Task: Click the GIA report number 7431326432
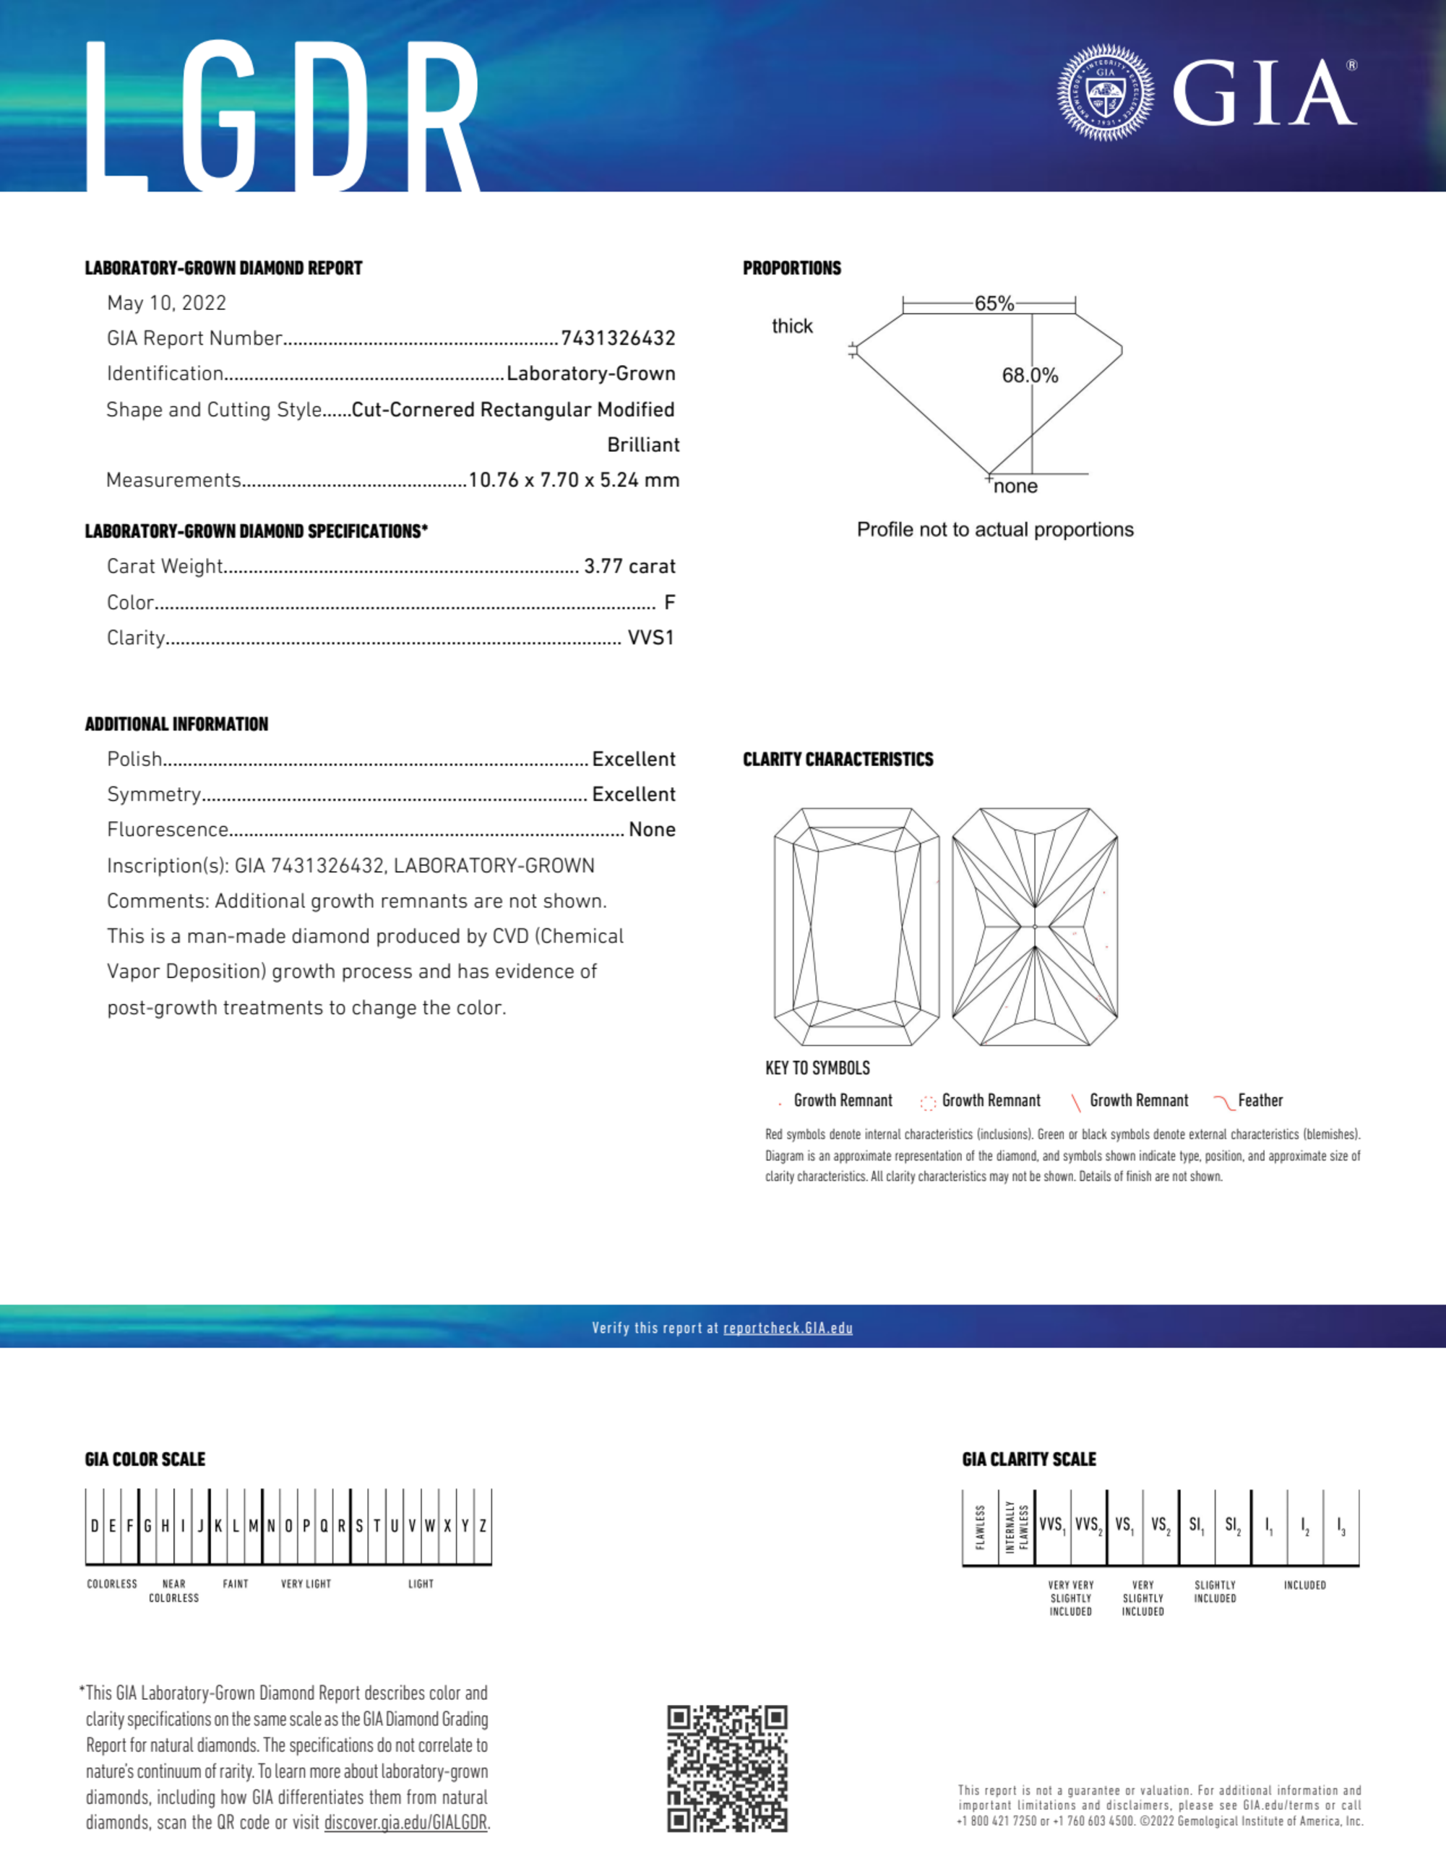click(618, 338)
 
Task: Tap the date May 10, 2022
click(166, 304)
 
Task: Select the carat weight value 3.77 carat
click(630, 567)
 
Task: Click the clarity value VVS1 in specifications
click(650, 637)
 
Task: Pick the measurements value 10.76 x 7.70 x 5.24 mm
click(574, 480)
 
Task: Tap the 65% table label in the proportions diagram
click(994, 304)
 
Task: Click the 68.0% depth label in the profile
click(1030, 375)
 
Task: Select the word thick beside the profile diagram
click(792, 327)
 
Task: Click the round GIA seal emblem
click(1105, 93)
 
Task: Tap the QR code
click(727, 1769)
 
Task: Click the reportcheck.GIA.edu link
click(788, 1328)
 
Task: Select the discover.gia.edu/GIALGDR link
click(405, 1823)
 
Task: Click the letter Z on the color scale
click(483, 1526)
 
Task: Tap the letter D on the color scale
click(94, 1526)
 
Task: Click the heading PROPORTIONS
click(791, 268)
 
